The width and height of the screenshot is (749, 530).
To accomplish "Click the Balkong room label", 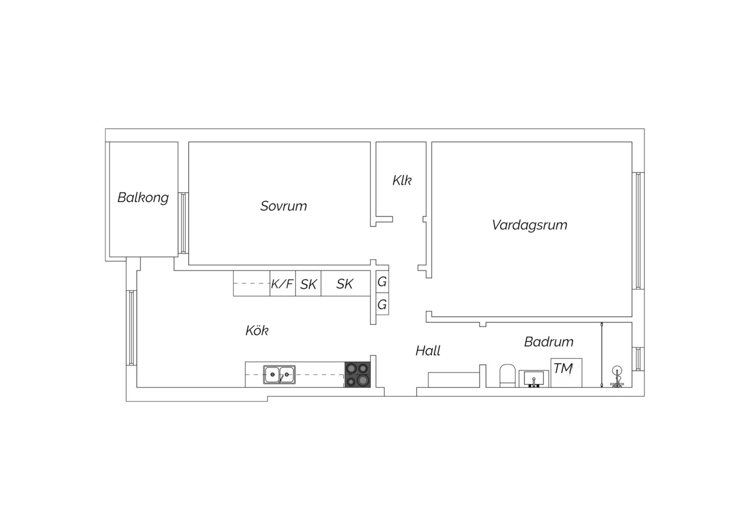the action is click(143, 198).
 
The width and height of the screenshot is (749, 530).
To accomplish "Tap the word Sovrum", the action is click(283, 206).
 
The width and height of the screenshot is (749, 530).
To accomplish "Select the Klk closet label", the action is click(402, 180).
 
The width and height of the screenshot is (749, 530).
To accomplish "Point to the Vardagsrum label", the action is click(530, 225).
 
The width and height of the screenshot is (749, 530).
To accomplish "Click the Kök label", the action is click(257, 330).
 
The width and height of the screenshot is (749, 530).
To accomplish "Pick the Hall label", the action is click(427, 350).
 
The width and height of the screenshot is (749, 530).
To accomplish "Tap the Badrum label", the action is click(549, 342).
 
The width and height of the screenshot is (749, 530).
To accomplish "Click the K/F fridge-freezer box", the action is click(282, 284).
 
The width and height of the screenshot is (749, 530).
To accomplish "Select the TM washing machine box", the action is click(567, 372).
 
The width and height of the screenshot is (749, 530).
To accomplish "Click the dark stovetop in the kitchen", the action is click(357, 374).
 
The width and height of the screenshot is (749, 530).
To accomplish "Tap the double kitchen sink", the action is click(279, 374).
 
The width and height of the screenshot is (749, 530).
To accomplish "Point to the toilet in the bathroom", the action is click(508, 375).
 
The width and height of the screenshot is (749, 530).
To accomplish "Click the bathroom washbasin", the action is click(534, 379).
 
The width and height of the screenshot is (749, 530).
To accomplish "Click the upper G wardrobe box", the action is click(382, 282).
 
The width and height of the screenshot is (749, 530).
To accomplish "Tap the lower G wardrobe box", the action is click(382, 304).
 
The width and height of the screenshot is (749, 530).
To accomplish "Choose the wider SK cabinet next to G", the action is click(346, 284).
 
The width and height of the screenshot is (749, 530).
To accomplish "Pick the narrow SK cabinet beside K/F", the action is click(308, 284).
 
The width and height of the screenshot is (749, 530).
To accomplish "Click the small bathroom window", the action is click(638, 359).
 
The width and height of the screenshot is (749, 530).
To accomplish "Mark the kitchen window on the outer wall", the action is click(131, 328).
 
